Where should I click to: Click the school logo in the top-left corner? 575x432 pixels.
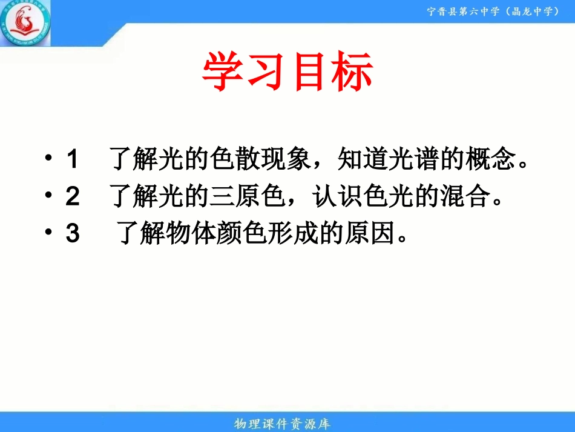coord(25,24)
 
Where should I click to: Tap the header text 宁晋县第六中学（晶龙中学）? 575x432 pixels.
coord(493,11)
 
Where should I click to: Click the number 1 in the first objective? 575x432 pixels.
coord(72,160)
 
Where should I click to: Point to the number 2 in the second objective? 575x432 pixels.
coord(72,197)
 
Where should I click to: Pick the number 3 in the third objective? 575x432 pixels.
coord(72,234)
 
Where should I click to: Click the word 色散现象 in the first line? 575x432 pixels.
coord(255,160)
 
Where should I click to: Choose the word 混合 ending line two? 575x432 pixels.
coord(464,197)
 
